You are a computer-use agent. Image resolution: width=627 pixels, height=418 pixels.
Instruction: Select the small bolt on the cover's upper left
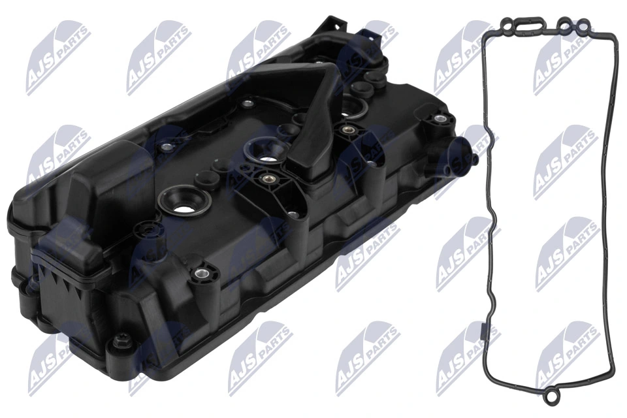point(246,103)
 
